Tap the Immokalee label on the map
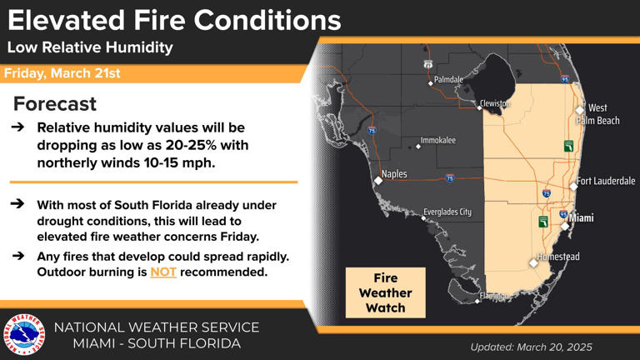438,141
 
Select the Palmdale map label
448,79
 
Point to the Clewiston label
495,103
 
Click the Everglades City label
447,212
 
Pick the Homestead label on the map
558,257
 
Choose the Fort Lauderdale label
606,181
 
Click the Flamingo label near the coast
493,297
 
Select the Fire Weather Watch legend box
386,292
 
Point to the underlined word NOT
163,272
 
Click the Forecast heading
55,104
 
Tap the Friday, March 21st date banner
63,73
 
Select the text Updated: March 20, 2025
531,346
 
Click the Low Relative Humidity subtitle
90,47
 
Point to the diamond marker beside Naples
377,177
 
